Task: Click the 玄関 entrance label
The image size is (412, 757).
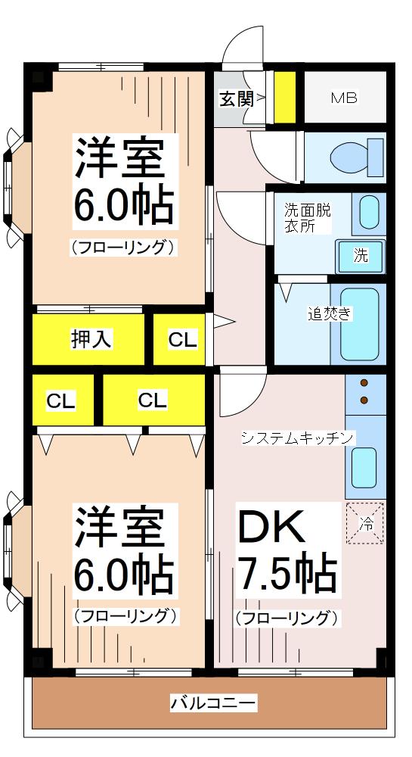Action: pyautogui.click(x=235, y=98)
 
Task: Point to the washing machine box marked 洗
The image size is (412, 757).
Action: pyautogui.click(x=361, y=256)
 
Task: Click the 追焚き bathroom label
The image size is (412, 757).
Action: pyautogui.click(x=329, y=313)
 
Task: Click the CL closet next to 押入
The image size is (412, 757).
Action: pyautogui.click(x=182, y=340)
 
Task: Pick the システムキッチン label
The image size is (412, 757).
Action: pyautogui.click(x=297, y=438)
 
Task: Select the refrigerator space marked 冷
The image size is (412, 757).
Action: pyautogui.click(x=365, y=523)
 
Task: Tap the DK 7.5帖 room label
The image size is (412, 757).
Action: pyautogui.click(x=287, y=553)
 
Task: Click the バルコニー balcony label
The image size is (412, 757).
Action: pyautogui.click(x=212, y=703)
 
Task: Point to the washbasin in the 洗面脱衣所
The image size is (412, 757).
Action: pyautogui.click(x=368, y=213)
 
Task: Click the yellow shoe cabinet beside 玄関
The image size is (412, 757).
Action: pyautogui.click(x=284, y=97)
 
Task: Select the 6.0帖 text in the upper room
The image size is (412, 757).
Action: pyautogui.click(x=123, y=203)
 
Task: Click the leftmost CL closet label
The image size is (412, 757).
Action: pyautogui.click(x=60, y=400)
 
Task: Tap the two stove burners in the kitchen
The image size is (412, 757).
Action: pyautogui.click(x=364, y=391)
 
